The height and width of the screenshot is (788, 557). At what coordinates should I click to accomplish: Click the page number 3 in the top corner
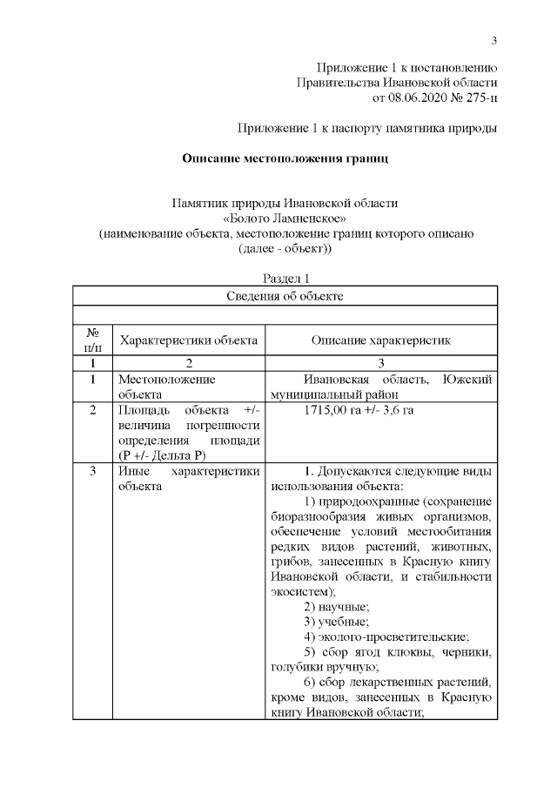[x=493, y=41]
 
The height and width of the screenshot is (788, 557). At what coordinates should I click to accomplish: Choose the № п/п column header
[x=91, y=340]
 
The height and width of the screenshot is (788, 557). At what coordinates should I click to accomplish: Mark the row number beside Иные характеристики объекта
[x=91, y=472]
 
